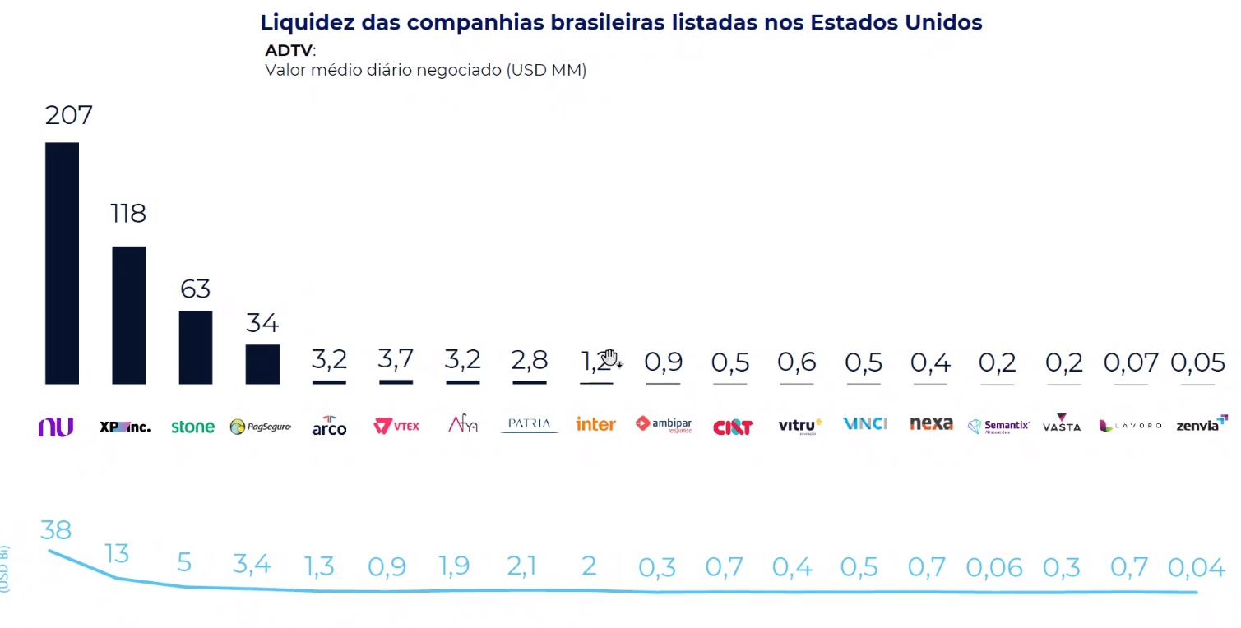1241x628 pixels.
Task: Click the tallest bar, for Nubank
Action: (62, 263)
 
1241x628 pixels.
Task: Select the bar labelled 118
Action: (128, 315)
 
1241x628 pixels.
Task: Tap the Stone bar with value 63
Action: (196, 347)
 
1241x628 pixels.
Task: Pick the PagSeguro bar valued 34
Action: (262, 364)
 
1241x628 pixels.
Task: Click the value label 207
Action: (68, 115)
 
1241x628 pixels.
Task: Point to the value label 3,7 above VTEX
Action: (396, 359)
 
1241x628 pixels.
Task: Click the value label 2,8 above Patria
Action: (529, 360)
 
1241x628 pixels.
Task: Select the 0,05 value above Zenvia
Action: (1197, 362)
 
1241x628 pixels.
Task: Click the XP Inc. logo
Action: (125, 427)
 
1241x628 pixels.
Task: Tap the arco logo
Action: (329, 426)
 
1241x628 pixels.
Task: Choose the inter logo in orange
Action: (595, 425)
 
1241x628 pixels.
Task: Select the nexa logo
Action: (930, 424)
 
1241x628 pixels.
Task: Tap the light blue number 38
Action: (56, 530)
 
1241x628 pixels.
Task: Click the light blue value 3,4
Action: (251, 565)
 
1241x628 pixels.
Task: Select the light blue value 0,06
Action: (993, 567)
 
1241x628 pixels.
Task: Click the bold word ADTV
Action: (288, 50)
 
